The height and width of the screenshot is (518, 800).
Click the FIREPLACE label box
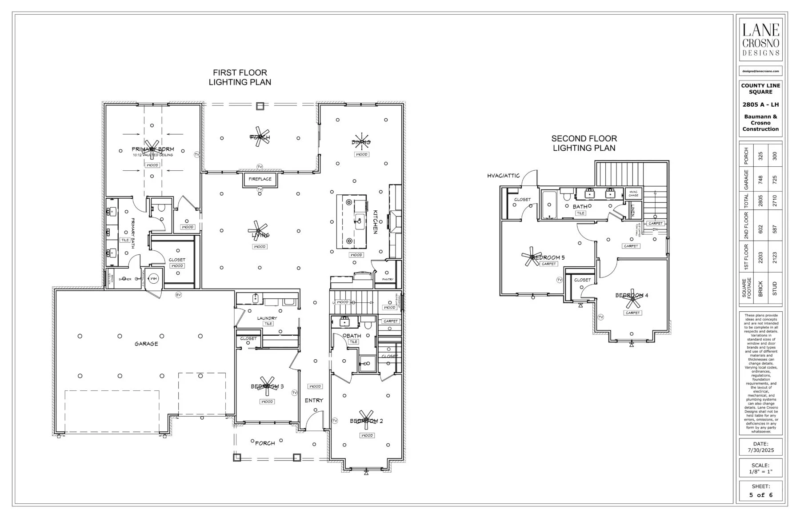260,179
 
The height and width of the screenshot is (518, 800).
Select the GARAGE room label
146,344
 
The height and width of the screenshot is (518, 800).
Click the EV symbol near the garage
179,295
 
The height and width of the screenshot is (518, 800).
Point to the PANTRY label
388,279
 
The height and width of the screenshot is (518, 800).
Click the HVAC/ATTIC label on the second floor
503,176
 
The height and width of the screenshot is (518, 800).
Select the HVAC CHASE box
633,193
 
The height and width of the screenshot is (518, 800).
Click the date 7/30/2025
760,450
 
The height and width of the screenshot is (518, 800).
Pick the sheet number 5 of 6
760,495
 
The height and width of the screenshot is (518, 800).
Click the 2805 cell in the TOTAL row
760,201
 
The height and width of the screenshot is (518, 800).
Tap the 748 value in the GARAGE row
760,180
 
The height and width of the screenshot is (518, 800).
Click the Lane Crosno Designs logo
760,40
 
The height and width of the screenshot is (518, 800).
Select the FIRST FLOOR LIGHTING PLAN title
240,77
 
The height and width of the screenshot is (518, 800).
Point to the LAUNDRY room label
267,318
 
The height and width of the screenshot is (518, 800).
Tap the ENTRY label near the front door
314,400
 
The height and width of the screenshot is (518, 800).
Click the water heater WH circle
153,279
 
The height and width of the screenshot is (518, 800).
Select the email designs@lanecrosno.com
760,71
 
